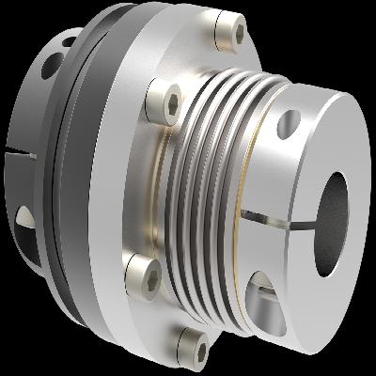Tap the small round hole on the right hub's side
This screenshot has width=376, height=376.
click(x=290, y=121)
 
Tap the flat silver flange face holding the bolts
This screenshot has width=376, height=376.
click(x=141, y=179)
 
